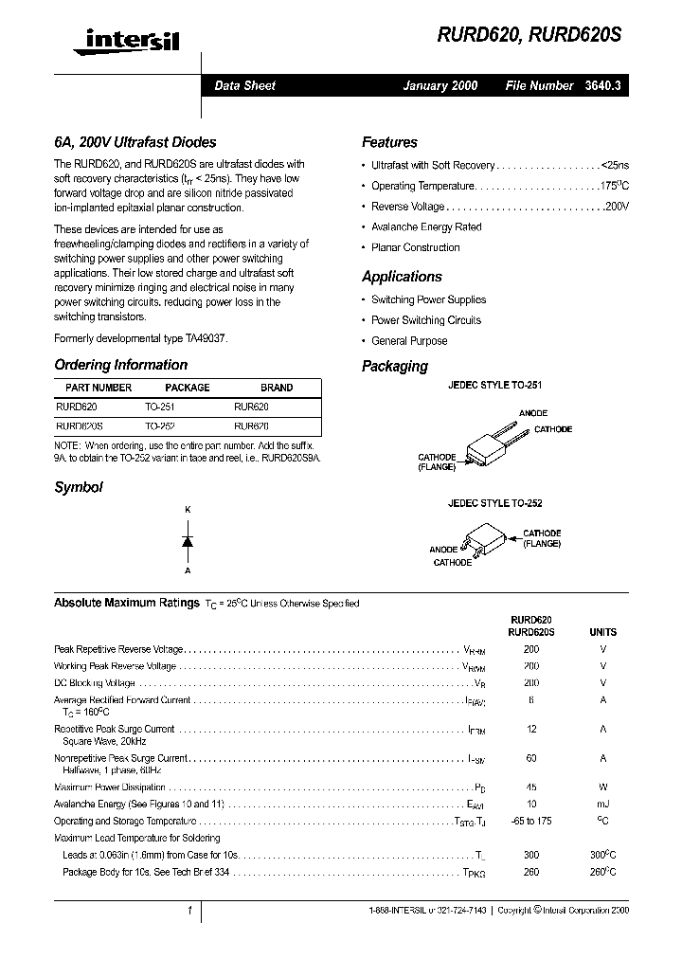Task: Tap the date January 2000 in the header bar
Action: [x=440, y=85]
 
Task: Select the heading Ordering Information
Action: [x=120, y=365]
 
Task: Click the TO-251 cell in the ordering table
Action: [x=160, y=406]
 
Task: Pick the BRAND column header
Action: [x=277, y=388]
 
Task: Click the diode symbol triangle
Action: [x=188, y=541]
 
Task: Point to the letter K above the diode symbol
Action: [x=188, y=511]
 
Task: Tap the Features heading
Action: [x=389, y=143]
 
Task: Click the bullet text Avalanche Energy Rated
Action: [x=426, y=227]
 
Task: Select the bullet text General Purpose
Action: [x=409, y=341]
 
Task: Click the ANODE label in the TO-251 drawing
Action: [x=533, y=413]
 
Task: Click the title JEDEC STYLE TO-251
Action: [x=494, y=387]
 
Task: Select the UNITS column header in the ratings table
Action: [x=602, y=632]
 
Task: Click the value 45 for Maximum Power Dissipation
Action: [x=531, y=787]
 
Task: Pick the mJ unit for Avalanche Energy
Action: [x=602, y=804]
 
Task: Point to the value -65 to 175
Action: [x=531, y=821]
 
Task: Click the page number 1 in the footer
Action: [x=189, y=911]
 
